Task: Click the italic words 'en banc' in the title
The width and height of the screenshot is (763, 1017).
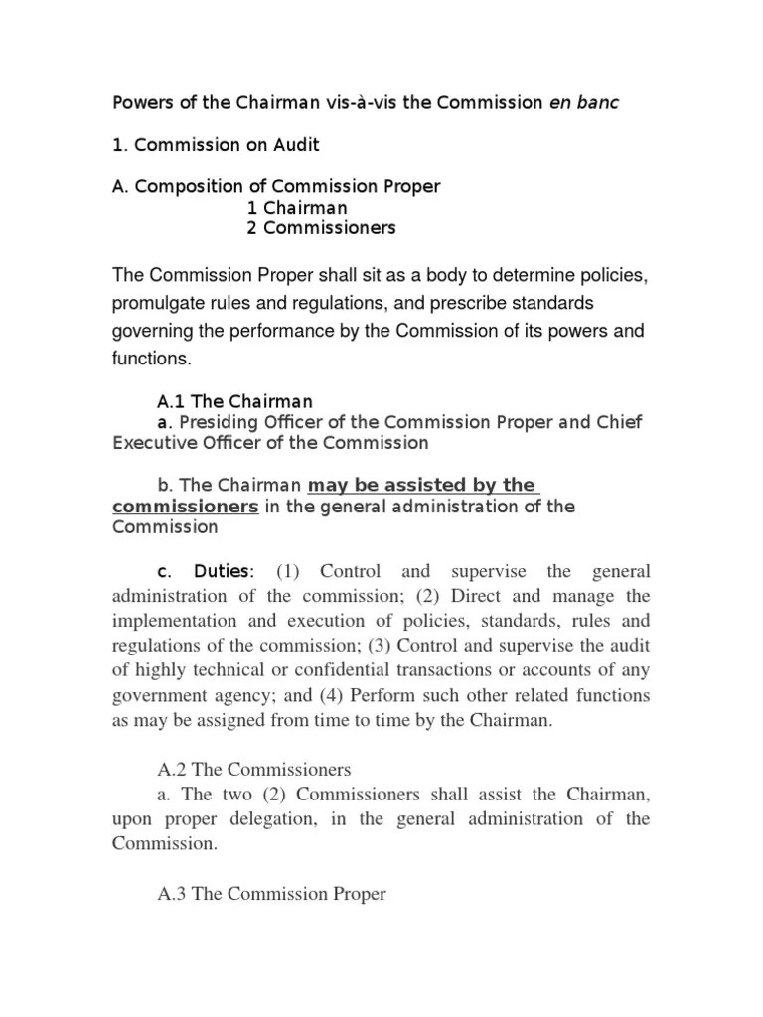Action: (x=584, y=103)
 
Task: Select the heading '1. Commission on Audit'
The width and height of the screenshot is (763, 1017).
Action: (x=215, y=145)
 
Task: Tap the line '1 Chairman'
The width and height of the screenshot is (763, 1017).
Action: (x=297, y=208)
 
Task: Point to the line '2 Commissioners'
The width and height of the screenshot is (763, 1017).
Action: (x=321, y=228)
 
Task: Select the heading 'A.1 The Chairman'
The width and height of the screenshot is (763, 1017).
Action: (x=235, y=401)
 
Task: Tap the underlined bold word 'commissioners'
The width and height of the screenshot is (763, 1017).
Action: (x=187, y=507)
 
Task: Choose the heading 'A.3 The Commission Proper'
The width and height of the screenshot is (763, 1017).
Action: (x=271, y=895)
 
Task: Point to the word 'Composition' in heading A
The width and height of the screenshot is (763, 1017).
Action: (x=181, y=187)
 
